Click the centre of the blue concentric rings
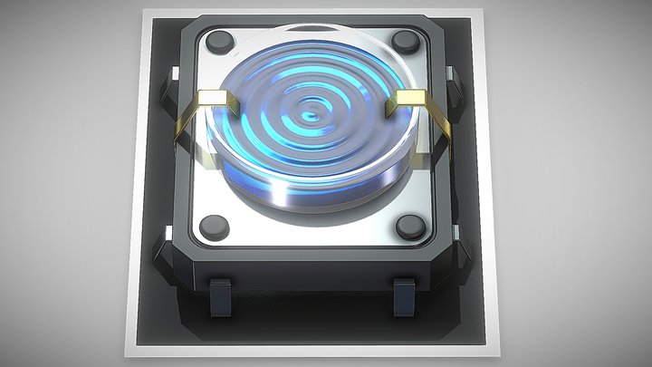[x=312, y=115]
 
